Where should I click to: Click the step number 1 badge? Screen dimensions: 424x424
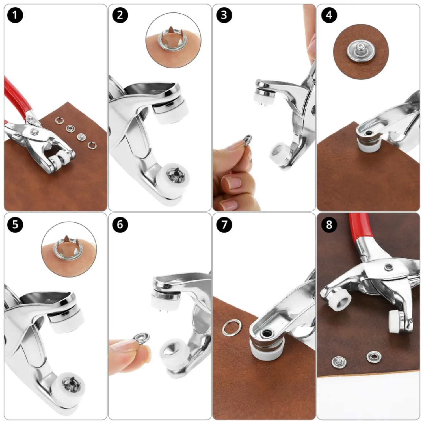[x=15, y=15]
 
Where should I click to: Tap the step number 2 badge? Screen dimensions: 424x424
[x=120, y=15]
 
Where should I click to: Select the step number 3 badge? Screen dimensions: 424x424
[x=224, y=15]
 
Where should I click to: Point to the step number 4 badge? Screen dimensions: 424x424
[x=329, y=15]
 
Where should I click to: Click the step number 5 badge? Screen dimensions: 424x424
[x=15, y=225]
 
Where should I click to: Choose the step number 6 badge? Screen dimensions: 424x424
[x=120, y=225]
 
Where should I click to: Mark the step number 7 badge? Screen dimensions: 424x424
[x=224, y=225]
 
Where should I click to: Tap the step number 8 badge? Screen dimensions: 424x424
[x=329, y=225]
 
